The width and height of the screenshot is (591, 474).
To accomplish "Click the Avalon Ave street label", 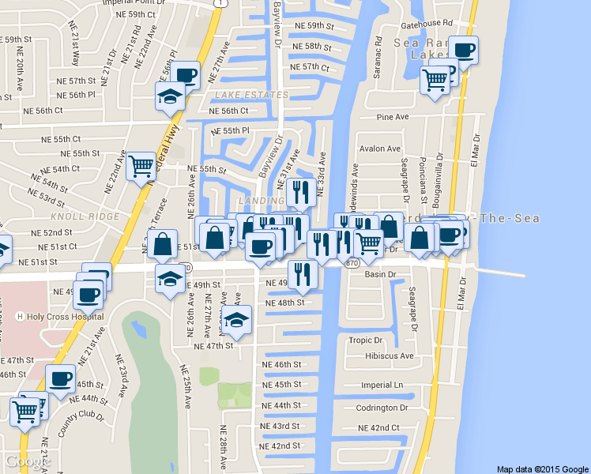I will click(380, 149).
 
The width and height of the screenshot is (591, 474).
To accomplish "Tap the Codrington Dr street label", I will click(382, 408).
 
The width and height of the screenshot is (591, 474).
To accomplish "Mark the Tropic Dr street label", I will click(366, 340).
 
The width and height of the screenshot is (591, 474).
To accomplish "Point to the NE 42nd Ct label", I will click(379, 427).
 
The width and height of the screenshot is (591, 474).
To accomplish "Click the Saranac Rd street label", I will click(378, 55).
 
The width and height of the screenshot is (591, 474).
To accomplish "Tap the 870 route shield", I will click(352, 262).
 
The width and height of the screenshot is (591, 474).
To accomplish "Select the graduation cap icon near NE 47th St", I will click(235, 320).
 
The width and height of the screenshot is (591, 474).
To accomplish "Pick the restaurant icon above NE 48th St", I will click(302, 274).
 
